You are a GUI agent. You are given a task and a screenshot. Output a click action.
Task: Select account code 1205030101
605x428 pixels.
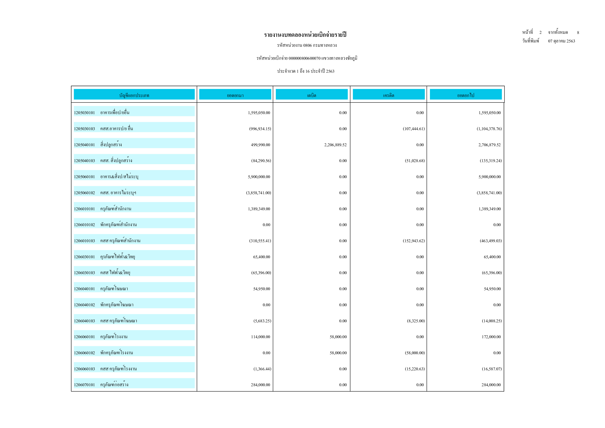click(84, 113)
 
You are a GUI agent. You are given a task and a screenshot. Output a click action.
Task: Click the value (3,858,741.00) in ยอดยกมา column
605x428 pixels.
click(258, 193)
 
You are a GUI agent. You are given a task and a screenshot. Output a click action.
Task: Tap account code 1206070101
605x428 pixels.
click(84, 385)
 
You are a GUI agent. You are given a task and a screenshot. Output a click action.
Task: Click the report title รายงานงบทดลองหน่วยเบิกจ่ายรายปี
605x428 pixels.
click(305, 35)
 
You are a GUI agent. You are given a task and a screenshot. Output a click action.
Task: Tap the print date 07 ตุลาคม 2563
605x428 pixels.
click(561, 41)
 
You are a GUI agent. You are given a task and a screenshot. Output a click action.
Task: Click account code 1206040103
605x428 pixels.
click(84, 321)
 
